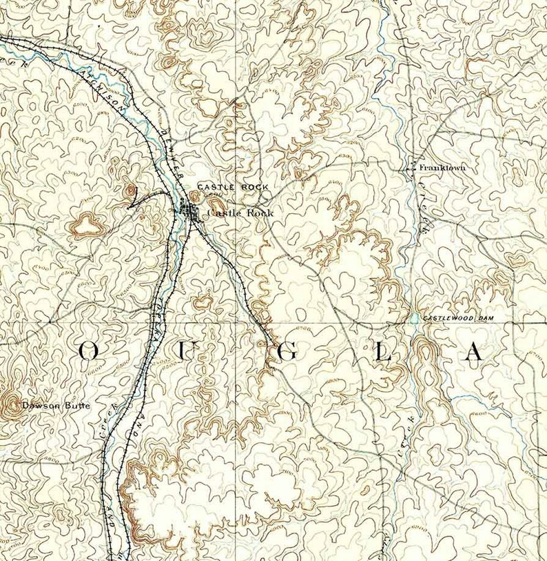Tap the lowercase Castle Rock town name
(240, 213)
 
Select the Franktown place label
(442, 168)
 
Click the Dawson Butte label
(55, 406)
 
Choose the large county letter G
(288, 352)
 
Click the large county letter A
(473, 352)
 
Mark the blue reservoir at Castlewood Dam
(414, 319)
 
